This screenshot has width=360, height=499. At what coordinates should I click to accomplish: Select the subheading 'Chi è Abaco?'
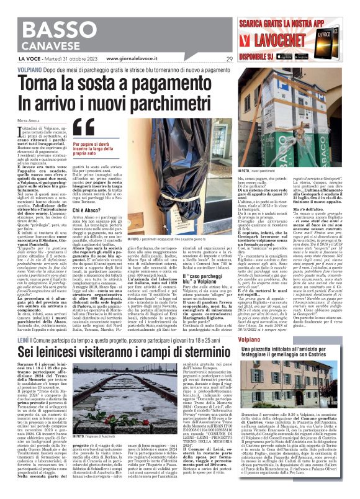pos(86,228)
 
